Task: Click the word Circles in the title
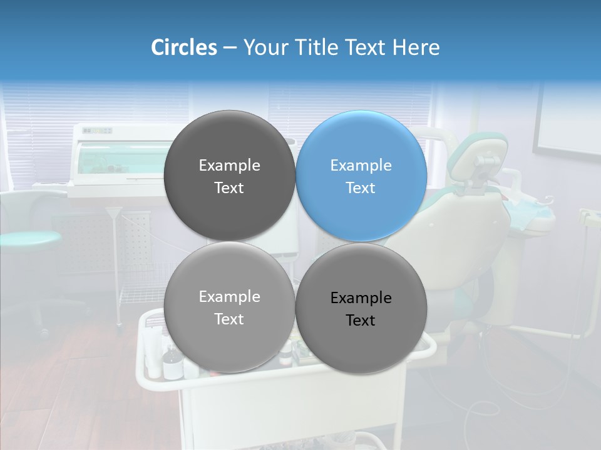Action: point(183,47)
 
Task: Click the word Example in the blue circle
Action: point(361,166)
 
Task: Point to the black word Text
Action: point(361,321)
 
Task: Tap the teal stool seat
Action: point(28,238)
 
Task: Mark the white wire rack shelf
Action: point(141,294)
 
